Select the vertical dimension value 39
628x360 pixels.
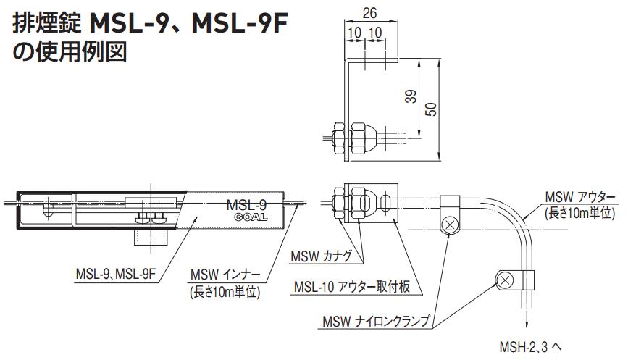(x=411, y=96)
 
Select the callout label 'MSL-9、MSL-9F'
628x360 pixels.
(x=115, y=275)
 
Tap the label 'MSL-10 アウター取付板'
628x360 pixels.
(x=352, y=288)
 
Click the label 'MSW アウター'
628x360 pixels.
(x=579, y=198)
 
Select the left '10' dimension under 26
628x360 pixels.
(x=355, y=33)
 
